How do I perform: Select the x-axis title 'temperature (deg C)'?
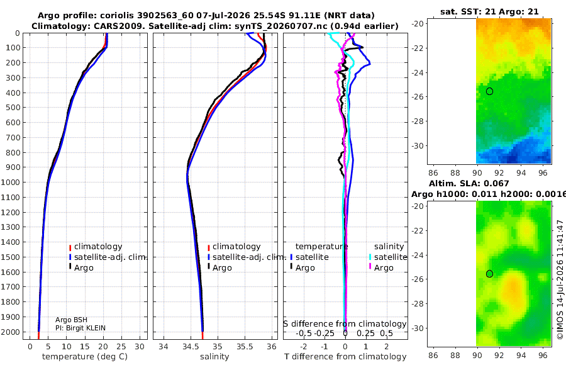tap(85, 357)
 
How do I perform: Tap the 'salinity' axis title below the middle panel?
tap(214, 357)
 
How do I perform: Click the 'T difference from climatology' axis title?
tap(345, 357)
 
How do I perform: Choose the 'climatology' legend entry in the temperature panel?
tap(96, 247)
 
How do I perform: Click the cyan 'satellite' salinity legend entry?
tap(389, 257)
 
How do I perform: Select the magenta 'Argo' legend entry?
tap(380, 268)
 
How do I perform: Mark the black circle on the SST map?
tap(489, 91)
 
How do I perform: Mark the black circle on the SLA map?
tap(489, 274)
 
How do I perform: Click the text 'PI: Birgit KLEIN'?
tap(80, 328)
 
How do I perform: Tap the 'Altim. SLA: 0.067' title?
tap(469, 184)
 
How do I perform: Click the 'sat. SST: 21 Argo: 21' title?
tap(489, 12)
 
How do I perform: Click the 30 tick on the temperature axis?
tap(140, 347)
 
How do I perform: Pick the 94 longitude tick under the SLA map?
tap(521, 355)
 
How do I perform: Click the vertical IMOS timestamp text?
tap(560, 279)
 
